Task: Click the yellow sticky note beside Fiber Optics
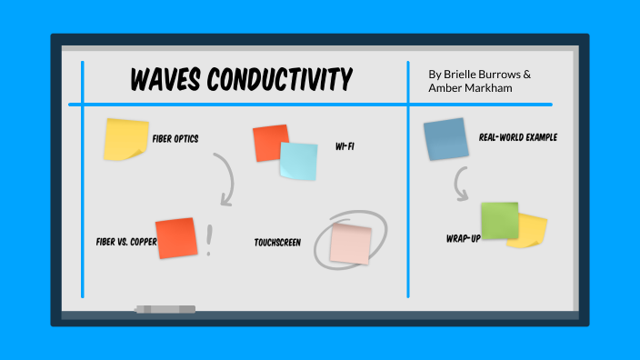pos(125,138)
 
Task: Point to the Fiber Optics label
pos(175,139)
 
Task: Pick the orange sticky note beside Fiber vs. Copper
pos(175,238)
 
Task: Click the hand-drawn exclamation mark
pos(210,240)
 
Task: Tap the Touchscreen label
pos(278,243)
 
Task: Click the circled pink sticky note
pos(351,244)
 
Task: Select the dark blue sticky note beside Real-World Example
pos(445,139)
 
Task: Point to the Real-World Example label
pos(517,138)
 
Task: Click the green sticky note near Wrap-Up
pos(498,221)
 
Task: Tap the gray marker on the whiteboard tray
pos(165,309)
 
